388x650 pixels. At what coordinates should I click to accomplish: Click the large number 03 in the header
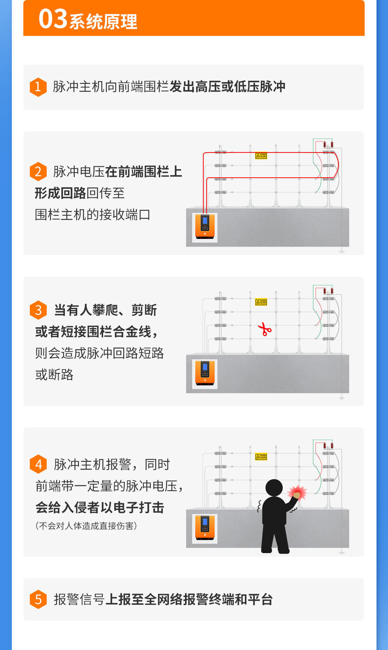[x=53, y=19]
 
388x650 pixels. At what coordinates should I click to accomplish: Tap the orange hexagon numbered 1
[x=38, y=87]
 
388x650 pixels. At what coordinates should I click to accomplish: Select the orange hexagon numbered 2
[x=38, y=172]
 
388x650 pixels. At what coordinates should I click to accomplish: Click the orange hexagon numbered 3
[x=38, y=310]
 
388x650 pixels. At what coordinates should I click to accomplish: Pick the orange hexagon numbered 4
[x=38, y=464]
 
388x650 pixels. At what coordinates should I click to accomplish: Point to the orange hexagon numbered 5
[x=38, y=599]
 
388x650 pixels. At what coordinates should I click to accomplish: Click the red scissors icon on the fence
[x=265, y=329]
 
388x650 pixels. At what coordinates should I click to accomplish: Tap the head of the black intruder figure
[x=274, y=488]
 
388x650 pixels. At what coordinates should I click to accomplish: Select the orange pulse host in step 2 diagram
[x=205, y=228]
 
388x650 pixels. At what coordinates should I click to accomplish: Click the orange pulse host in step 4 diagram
[x=205, y=529]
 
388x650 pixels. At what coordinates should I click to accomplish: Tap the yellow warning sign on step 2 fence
[x=261, y=156]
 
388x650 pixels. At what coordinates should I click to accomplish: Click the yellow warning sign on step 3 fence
[x=261, y=302]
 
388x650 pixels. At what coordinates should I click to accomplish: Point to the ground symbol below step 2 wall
[x=342, y=252]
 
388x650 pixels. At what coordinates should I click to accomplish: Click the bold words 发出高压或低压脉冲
[x=227, y=87]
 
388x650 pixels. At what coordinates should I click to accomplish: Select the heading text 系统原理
[x=103, y=22]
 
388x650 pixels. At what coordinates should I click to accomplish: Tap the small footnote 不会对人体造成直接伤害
[x=86, y=526]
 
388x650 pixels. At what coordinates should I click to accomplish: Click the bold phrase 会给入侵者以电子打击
[x=100, y=508]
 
